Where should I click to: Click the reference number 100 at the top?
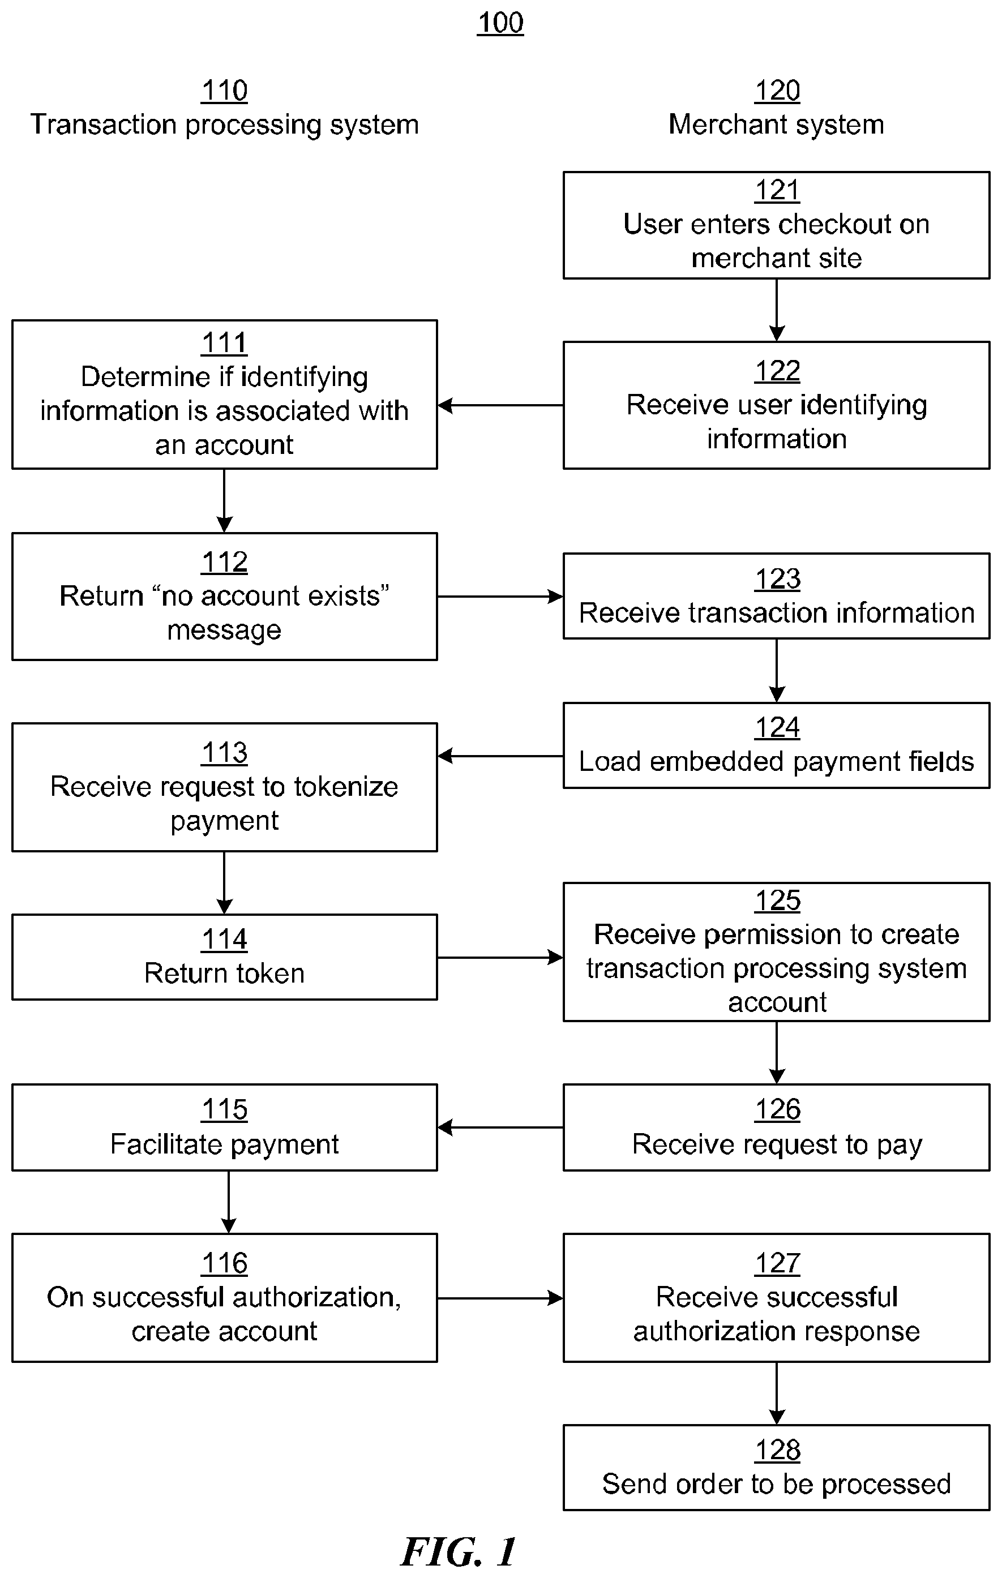point(500,23)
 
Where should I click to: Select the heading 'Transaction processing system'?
point(224,125)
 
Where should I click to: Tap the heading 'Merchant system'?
point(777,124)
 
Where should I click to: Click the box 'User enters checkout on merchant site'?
point(777,225)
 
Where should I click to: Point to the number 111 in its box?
point(224,343)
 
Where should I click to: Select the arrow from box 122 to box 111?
point(500,406)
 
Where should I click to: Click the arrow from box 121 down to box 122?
point(777,310)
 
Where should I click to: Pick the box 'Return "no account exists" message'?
point(224,597)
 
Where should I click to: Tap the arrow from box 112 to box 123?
point(500,597)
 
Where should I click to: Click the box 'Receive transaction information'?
point(777,597)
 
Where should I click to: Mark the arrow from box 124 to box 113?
point(500,756)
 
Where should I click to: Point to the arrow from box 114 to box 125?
point(500,958)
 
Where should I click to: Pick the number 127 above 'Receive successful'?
point(777,1263)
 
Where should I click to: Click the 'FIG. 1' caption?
point(459,1553)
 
